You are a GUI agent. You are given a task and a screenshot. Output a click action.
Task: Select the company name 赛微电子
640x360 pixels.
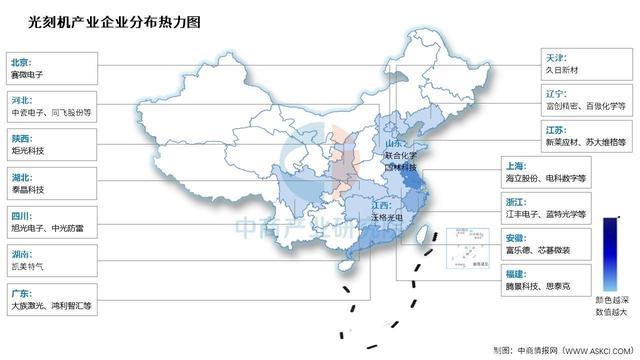pyautogui.click(x=29, y=74)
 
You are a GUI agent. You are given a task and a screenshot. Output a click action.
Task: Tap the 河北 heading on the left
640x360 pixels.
pyautogui.click(x=21, y=98)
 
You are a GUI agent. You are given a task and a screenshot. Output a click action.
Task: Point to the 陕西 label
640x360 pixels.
pyautogui.click(x=21, y=137)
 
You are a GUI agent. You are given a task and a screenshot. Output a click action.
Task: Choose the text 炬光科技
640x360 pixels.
pyautogui.click(x=29, y=151)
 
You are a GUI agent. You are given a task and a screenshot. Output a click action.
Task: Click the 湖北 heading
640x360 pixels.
pyautogui.click(x=21, y=177)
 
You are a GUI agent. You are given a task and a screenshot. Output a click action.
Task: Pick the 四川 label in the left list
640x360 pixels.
pyautogui.click(x=21, y=216)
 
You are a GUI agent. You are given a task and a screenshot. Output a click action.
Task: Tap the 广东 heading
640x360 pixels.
pyautogui.click(x=21, y=293)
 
